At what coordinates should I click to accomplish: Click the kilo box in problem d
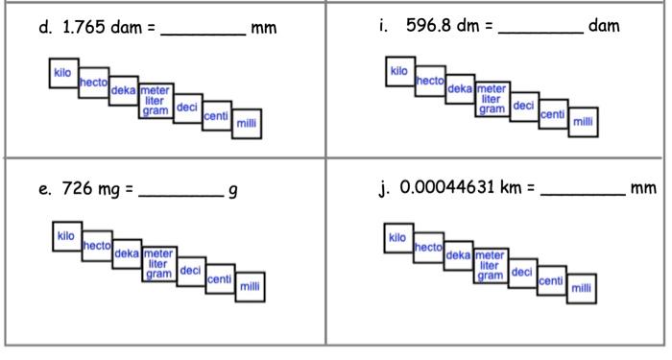63,72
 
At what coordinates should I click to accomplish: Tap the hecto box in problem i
429,84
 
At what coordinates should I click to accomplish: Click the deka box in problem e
127,254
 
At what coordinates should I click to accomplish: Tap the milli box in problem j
582,288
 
